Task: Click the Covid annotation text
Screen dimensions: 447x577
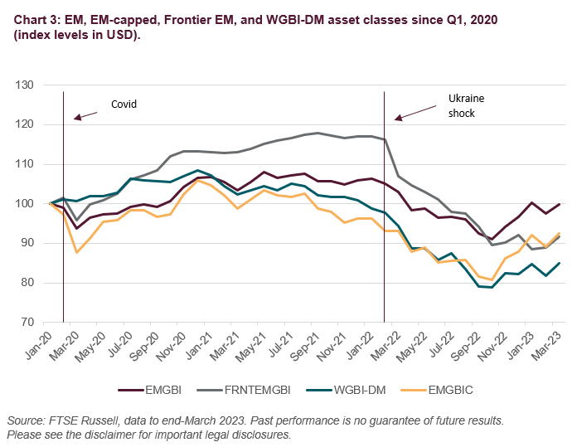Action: click(124, 104)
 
